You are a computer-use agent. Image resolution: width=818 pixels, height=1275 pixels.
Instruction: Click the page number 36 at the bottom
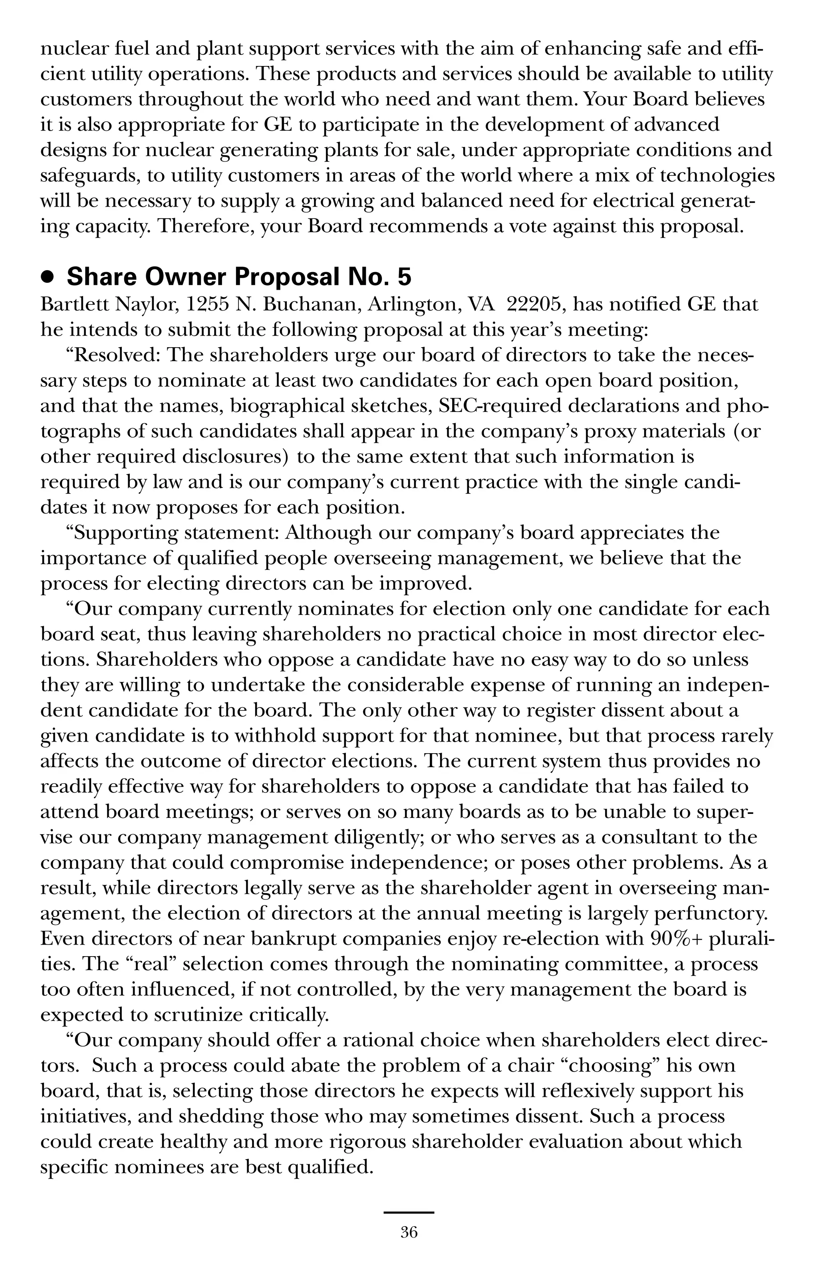[x=409, y=1233]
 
